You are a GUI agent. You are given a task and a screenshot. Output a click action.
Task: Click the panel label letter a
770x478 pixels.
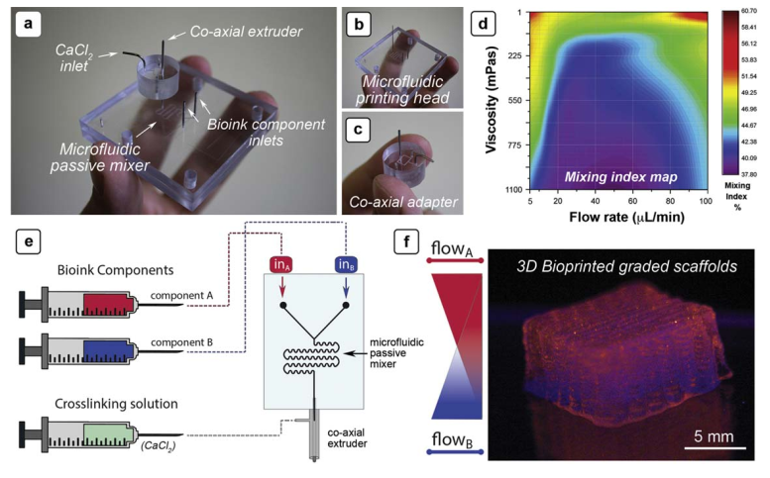[28, 23]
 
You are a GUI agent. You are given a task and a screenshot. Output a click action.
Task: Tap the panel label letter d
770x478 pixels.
[484, 23]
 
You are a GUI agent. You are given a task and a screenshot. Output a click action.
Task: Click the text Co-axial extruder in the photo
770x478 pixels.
[246, 32]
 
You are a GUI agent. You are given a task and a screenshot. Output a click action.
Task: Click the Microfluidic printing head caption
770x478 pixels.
[402, 90]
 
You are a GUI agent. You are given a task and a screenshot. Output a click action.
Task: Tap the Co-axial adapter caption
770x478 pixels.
[403, 202]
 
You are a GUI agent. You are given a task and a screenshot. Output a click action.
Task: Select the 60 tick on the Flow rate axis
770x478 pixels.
[633, 201]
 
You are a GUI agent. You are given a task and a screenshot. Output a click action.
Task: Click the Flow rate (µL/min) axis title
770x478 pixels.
[626, 216]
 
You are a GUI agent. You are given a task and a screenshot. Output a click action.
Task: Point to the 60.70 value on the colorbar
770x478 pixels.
[749, 11]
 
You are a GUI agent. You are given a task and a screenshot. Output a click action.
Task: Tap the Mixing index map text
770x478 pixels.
[620, 176]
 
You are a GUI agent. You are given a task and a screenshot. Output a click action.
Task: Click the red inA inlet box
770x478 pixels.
[281, 264]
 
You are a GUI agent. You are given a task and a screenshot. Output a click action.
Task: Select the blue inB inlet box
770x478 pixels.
[346, 264]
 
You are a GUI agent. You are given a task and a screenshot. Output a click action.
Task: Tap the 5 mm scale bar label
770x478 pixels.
[714, 435]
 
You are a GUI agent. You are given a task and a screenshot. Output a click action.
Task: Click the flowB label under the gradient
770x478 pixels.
[452, 439]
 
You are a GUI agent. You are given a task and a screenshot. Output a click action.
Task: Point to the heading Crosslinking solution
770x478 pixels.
[116, 404]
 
